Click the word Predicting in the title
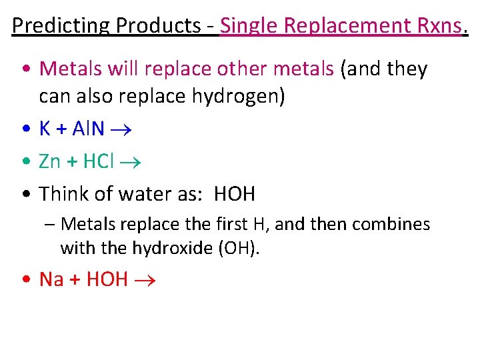pyautogui.click(x=61, y=25)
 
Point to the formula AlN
pyautogui.click(x=88, y=129)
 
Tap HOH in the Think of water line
pyautogui.click(x=234, y=194)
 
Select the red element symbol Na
pyautogui.click(x=52, y=279)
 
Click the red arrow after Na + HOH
pyautogui.click(x=145, y=279)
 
